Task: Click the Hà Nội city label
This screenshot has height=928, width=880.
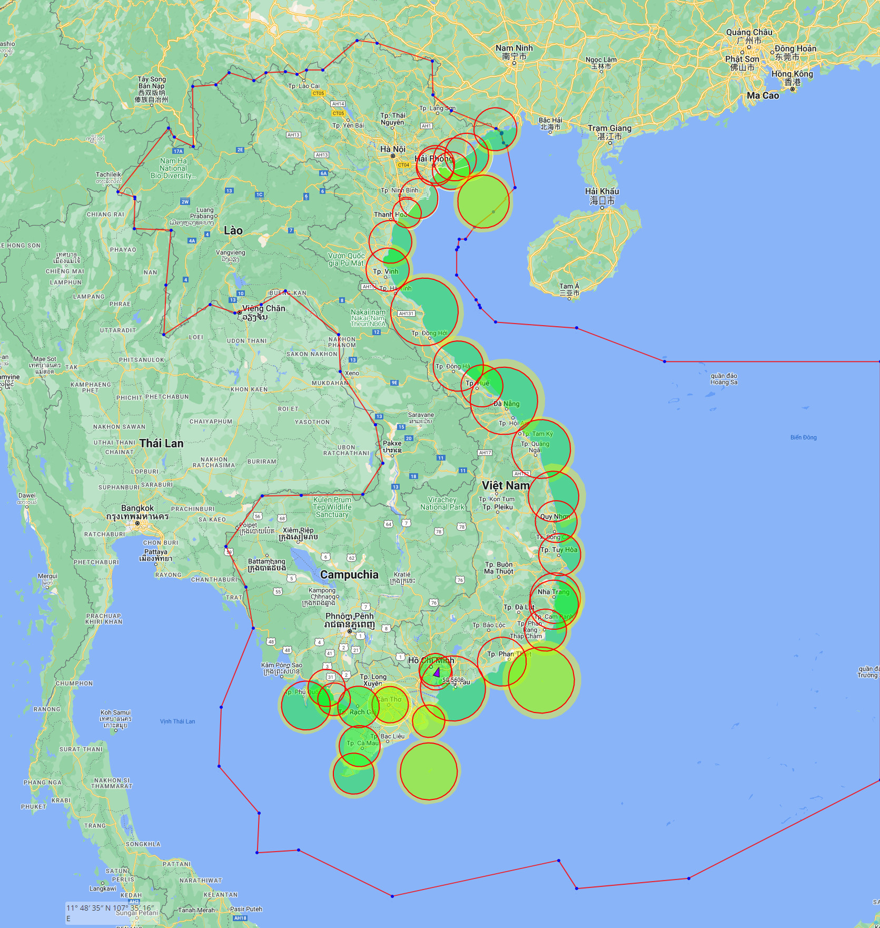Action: tap(393, 149)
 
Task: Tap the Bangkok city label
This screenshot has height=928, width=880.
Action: tap(137, 509)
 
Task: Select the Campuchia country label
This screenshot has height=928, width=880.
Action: tap(349, 574)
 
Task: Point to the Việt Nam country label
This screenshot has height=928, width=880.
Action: tap(506, 485)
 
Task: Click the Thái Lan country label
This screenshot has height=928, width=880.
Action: tap(161, 443)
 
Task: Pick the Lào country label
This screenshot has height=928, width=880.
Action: tap(233, 230)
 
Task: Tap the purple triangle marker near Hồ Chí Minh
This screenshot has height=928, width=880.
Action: tap(437, 671)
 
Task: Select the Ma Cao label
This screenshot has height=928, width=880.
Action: tap(763, 95)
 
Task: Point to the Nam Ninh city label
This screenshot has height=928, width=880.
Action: tap(514, 48)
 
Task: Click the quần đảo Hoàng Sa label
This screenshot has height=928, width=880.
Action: tap(724, 379)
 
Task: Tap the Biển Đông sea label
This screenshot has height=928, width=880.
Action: tap(803, 437)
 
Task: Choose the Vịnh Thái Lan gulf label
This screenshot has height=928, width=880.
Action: tap(177, 721)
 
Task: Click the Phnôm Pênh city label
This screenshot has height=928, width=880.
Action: tap(350, 616)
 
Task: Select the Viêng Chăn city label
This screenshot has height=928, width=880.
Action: tap(263, 308)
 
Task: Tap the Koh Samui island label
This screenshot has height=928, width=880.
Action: tap(115, 712)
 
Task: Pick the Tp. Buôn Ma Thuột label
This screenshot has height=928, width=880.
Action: tap(499, 568)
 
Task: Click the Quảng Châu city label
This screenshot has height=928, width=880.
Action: tap(749, 32)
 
